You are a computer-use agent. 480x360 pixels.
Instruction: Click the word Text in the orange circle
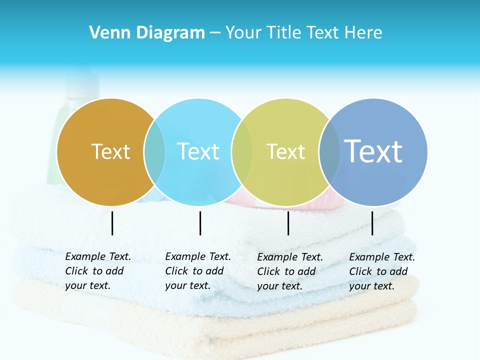[110, 151]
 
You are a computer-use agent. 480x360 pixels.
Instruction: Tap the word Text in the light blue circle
[198, 151]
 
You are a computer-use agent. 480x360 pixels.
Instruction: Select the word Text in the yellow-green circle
[285, 151]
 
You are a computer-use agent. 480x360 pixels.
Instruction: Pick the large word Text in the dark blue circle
[373, 151]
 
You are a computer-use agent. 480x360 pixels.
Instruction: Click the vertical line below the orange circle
[112, 223]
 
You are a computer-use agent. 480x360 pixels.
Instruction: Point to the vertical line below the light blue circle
[200, 223]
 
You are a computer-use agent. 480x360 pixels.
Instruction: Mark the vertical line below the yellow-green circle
[288, 223]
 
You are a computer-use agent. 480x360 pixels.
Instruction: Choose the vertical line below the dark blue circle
[372, 223]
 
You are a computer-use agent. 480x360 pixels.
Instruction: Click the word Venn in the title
[106, 33]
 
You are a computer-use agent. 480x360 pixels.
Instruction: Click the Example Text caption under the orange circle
[98, 271]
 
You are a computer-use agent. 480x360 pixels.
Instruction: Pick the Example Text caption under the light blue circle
[198, 271]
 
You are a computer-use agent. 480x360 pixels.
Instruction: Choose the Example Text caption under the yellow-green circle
[290, 271]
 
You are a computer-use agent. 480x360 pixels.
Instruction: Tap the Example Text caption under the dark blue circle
[382, 271]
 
